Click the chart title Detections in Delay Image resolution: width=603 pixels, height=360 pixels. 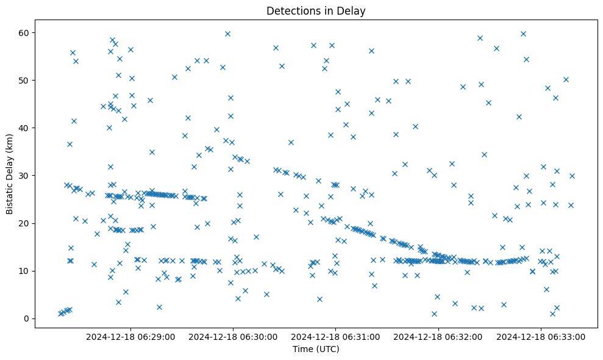(x=316, y=10)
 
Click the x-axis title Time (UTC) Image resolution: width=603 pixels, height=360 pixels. (x=316, y=350)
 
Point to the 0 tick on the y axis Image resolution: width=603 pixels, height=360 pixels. (x=26, y=319)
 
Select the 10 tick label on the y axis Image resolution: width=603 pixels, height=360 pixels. (x=24, y=271)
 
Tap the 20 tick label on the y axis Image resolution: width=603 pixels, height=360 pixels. (x=24, y=223)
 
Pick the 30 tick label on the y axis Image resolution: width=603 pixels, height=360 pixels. (x=24, y=176)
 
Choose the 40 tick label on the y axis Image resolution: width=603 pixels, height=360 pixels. (x=24, y=128)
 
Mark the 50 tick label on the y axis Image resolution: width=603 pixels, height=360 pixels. (x=24, y=81)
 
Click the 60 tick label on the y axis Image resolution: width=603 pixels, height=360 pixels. (x=24, y=32)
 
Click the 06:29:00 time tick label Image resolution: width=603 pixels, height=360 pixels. (x=130, y=336)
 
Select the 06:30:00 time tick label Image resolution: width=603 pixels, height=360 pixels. (x=233, y=336)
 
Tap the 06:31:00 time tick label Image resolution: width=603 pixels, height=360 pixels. (x=336, y=336)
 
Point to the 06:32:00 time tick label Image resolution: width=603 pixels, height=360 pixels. (x=438, y=336)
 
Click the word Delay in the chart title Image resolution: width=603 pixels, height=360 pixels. (x=353, y=10)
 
